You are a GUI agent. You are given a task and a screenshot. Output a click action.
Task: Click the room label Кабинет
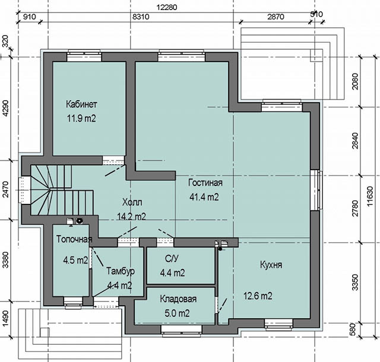coord(81,104)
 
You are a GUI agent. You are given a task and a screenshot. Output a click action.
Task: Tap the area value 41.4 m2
coord(204,197)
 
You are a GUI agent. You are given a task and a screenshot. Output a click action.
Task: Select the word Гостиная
coord(205,182)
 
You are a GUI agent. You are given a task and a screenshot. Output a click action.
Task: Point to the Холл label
coord(132,202)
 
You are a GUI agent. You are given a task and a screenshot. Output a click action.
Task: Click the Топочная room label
coord(74,239)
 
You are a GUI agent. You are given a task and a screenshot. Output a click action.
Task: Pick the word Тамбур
coord(121,271)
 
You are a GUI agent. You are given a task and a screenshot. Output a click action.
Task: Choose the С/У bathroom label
coord(172,258)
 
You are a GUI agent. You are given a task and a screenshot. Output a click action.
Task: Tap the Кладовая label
coord(178,299)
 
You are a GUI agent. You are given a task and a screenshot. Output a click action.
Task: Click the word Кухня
coord(271,265)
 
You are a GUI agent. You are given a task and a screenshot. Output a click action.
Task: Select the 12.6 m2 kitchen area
coord(258,296)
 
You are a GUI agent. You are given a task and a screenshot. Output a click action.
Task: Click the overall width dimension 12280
coord(167,7)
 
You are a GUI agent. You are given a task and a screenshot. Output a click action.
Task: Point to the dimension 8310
coord(141,17)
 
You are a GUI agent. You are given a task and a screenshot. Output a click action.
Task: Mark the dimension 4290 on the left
coord(5,108)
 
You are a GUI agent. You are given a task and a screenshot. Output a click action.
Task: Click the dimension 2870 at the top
coord(275,17)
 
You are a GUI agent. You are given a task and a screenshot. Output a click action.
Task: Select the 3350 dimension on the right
coord(355,282)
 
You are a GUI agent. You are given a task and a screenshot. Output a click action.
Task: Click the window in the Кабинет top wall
coord(84,56)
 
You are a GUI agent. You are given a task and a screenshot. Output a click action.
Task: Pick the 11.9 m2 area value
coord(81,118)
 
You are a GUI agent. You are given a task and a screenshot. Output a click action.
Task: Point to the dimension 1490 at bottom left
coord(5,318)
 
